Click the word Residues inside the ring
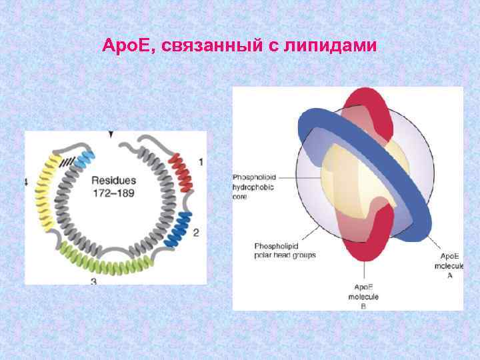[113, 181]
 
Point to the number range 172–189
[113, 194]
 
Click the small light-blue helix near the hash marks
[85, 159]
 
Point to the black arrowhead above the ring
[111, 135]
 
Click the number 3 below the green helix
[93, 282]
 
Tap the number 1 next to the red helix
[201, 162]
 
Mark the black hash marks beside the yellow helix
[66, 161]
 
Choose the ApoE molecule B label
[363, 295]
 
